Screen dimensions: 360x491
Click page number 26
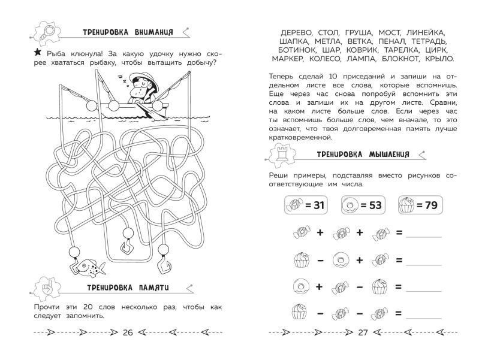pos(127,333)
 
